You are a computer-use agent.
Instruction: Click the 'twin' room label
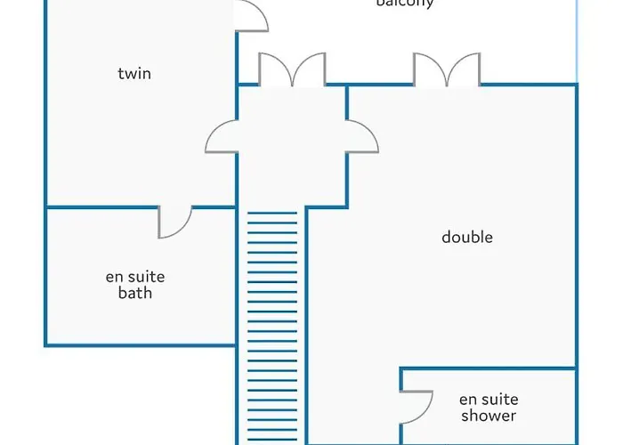[134, 73]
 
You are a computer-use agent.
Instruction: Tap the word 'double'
[467, 237]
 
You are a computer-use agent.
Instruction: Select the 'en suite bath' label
[135, 285]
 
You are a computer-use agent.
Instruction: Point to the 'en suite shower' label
[489, 408]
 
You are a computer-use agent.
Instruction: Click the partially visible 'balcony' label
[405, 4]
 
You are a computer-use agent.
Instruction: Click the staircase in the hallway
[272, 329]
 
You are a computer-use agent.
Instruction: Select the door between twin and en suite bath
[175, 221]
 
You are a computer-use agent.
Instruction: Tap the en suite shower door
[417, 406]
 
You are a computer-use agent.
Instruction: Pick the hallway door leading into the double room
[362, 138]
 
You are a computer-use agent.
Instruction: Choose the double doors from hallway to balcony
[292, 70]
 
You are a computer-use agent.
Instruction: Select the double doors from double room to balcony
[447, 70]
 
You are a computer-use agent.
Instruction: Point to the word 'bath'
[135, 293]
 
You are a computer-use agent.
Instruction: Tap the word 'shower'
[489, 416]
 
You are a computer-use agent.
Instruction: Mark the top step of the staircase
[272, 214]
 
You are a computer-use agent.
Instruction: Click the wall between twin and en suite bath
[98, 207]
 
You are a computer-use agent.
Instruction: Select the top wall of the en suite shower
[488, 368]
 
